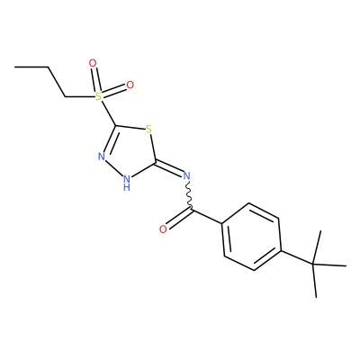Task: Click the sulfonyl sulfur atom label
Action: pyautogui.click(x=98, y=96)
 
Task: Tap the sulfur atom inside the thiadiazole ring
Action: pyautogui.click(x=148, y=130)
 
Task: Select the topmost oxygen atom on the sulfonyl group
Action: pyautogui.click(x=93, y=63)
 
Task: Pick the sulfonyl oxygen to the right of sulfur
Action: pyautogui.click(x=130, y=85)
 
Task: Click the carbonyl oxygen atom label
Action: pyautogui.click(x=163, y=229)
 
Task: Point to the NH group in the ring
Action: pyautogui.click(x=127, y=183)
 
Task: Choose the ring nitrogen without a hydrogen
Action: pyautogui.click(x=102, y=157)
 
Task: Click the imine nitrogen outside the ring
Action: pyautogui.click(x=186, y=176)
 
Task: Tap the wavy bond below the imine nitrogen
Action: pyautogui.click(x=189, y=194)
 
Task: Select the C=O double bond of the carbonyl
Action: pyautogui.click(x=179, y=219)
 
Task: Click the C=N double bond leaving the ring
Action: pyautogui.click(x=168, y=169)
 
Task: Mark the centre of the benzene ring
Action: pyautogui.click(x=251, y=237)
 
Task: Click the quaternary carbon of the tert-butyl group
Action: pyautogui.click(x=312, y=265)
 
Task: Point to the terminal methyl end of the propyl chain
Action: pyautogui.click(x=15, y=67)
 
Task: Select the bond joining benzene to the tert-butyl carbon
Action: pyautogui.click(x=296, y=257)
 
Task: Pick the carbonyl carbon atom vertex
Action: pyautogui.click(x=192, y=209)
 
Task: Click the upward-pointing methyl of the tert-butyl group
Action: pyautogui.click(x=317, y=247)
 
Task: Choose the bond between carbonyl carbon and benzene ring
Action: pyautogui.click(x=207, y=216)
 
